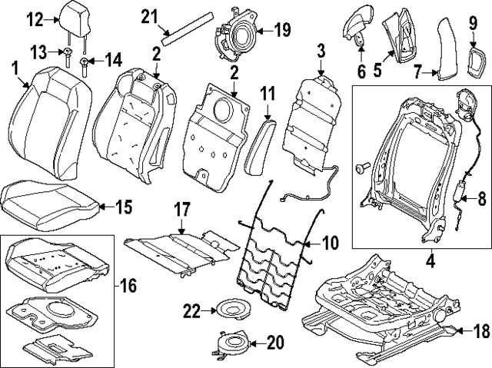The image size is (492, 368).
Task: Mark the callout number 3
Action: (x=321, y=52)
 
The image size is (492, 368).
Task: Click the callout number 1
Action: (x=15, y=71)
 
